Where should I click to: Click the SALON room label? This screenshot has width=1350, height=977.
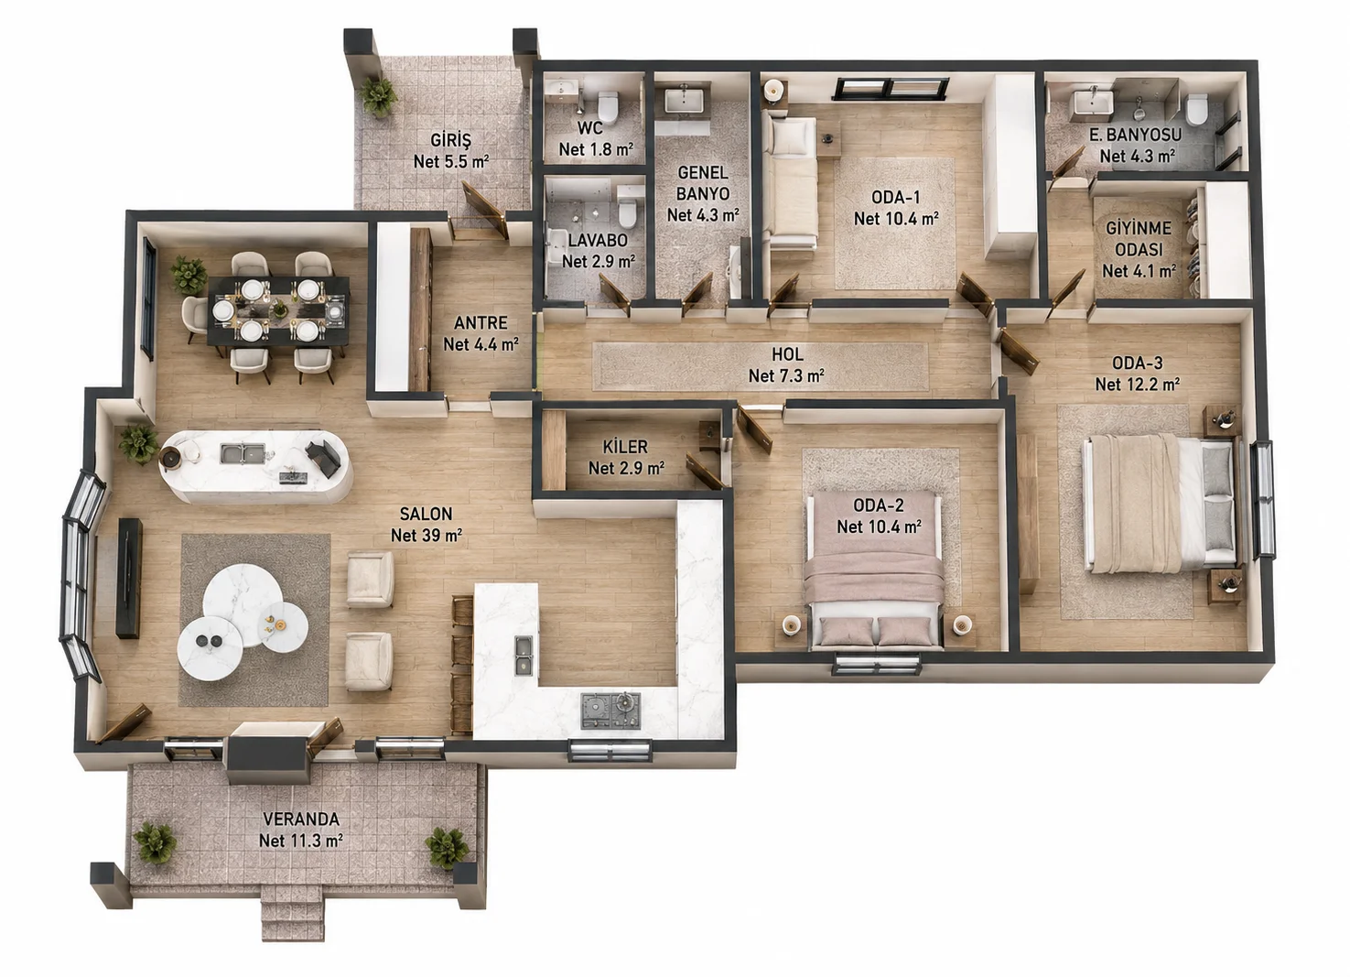click(x=427, y=514)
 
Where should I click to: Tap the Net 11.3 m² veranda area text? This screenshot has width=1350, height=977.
click(x=301, y=841)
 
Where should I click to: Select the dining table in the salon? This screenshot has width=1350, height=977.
click(x=278, y=310)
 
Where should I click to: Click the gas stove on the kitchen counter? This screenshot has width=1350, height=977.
click(x=610, y=710)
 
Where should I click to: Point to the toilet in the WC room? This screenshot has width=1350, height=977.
click(x=609, y=105)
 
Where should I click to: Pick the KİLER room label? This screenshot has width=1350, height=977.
click(x=626, y=447)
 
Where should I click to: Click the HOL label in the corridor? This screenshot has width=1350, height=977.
click(x=787, y=354)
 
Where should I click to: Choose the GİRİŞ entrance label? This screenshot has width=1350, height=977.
click(x=451, y=140)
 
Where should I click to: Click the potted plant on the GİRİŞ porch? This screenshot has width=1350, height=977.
click(x=378, y=96)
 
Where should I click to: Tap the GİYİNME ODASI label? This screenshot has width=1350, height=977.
click(x=1139, y=239)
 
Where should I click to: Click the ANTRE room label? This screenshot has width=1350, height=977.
click(x=481, y=322)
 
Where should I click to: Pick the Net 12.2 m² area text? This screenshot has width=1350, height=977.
click(x=1138, y=385)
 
